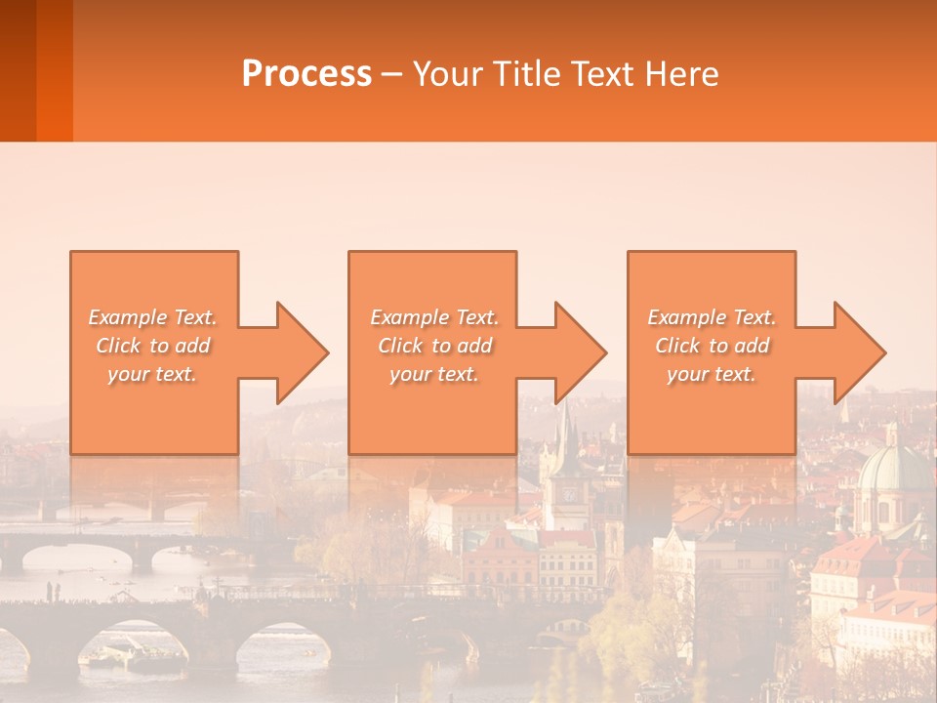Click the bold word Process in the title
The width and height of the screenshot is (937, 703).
(x=306, y=74)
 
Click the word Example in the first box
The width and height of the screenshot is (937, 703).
(x=127, y=317)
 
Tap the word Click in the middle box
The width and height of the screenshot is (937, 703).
(x=399, y=346)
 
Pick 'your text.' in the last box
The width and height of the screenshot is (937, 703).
(x=711, y=374)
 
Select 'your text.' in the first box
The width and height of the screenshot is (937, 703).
(x=152, y=374)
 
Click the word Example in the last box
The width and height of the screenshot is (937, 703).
(x=685, y=317)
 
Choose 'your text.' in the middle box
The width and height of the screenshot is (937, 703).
(x=433, y=374)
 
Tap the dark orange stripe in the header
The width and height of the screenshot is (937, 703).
(x=54, y=70)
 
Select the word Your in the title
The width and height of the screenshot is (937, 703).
(x=445, y=74)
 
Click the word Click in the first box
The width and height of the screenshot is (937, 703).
(x=117, y=346)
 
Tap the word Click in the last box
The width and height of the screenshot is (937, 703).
(x=676, y=346)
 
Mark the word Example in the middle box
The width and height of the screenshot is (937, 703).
(x=409, y=317)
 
